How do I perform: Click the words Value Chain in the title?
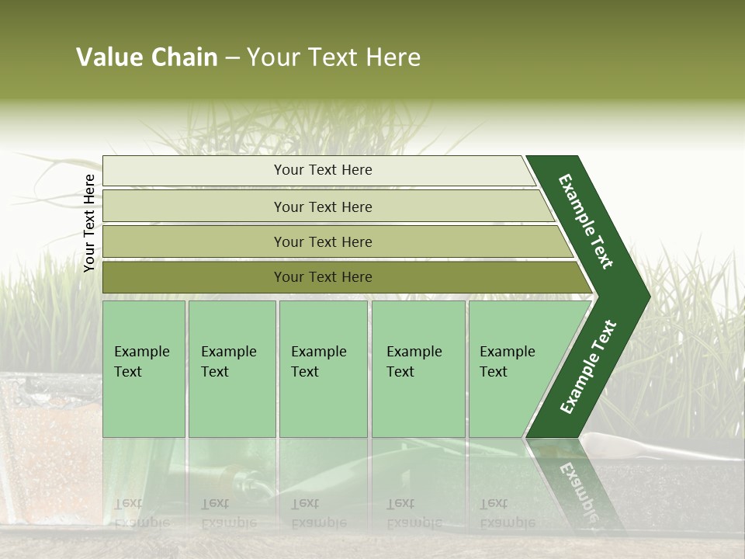pyautogui.click(x=147, y=57)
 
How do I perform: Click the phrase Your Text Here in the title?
pyautogui.click(x=334, y=57)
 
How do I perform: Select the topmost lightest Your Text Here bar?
pyautogui.click(x=323, y=170)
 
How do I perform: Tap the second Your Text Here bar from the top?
pyautogui.click(x=323, y=207)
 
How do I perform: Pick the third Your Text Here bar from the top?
pyautogui.click(x=323, y=241)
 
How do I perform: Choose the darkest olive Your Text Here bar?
pyautogui.click(x=323, y=277)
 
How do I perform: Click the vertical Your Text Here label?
pyautogui.click(x=89, y=223)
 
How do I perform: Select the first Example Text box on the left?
pyautogui.click(x=144, y=368)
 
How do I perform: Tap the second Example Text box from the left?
pyautogui.click(x=231, y=368)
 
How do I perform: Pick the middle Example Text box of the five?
pyautogui.click(x=322, y=368)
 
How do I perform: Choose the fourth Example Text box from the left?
pyautogui.click(x=418, y=368)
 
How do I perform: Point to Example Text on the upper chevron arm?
pyautogui.click(x=586, y=221)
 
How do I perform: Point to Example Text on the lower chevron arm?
pyautogui.click(x=588, y=367)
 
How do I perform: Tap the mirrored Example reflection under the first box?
pyautogui.click(x=141, y=522)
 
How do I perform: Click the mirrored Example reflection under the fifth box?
pyautogui.click(x=508, y=522)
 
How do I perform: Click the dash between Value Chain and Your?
pyautogui.click(x=232, y=58)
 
